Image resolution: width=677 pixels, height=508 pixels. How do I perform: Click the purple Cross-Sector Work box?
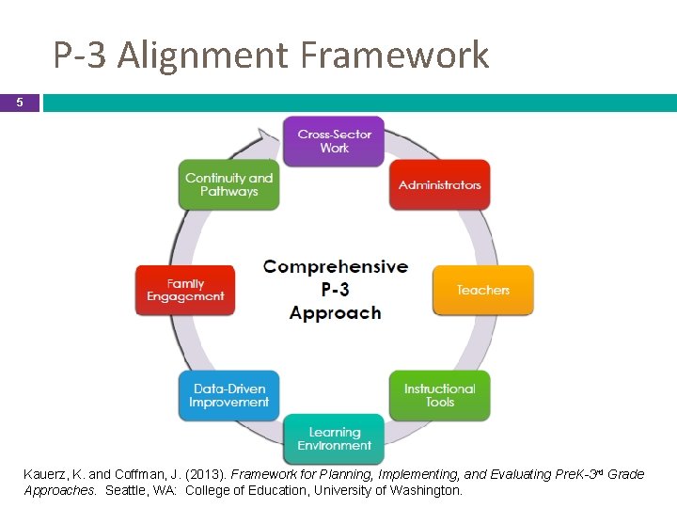click(x=334, y=142)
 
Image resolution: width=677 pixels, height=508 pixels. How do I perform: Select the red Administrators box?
click(x=439, y=185)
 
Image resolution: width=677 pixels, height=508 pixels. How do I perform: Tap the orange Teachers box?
click(x=482, y=290)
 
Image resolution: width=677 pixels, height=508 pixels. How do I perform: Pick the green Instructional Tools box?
click(x=439, y=395)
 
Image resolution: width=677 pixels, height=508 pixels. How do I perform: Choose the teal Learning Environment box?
click(x=334, y=438)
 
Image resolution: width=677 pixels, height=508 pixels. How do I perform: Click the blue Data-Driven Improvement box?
click(x=229, y=395)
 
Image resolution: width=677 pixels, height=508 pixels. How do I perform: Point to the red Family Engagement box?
click(x=185, y=290)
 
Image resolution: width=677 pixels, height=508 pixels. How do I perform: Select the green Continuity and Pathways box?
click(x=228, y=184)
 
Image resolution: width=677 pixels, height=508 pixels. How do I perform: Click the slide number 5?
click(x=20, y=103)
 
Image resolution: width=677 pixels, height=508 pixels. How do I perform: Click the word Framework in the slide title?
click(x=395, y=56)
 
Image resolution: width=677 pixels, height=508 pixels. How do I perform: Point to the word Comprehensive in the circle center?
click(x=336, y=266)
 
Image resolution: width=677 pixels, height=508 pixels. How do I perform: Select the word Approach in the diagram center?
click(x=336, y=313)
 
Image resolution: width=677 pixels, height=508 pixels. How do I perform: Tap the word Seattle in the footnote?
click(x=126, y=490)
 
